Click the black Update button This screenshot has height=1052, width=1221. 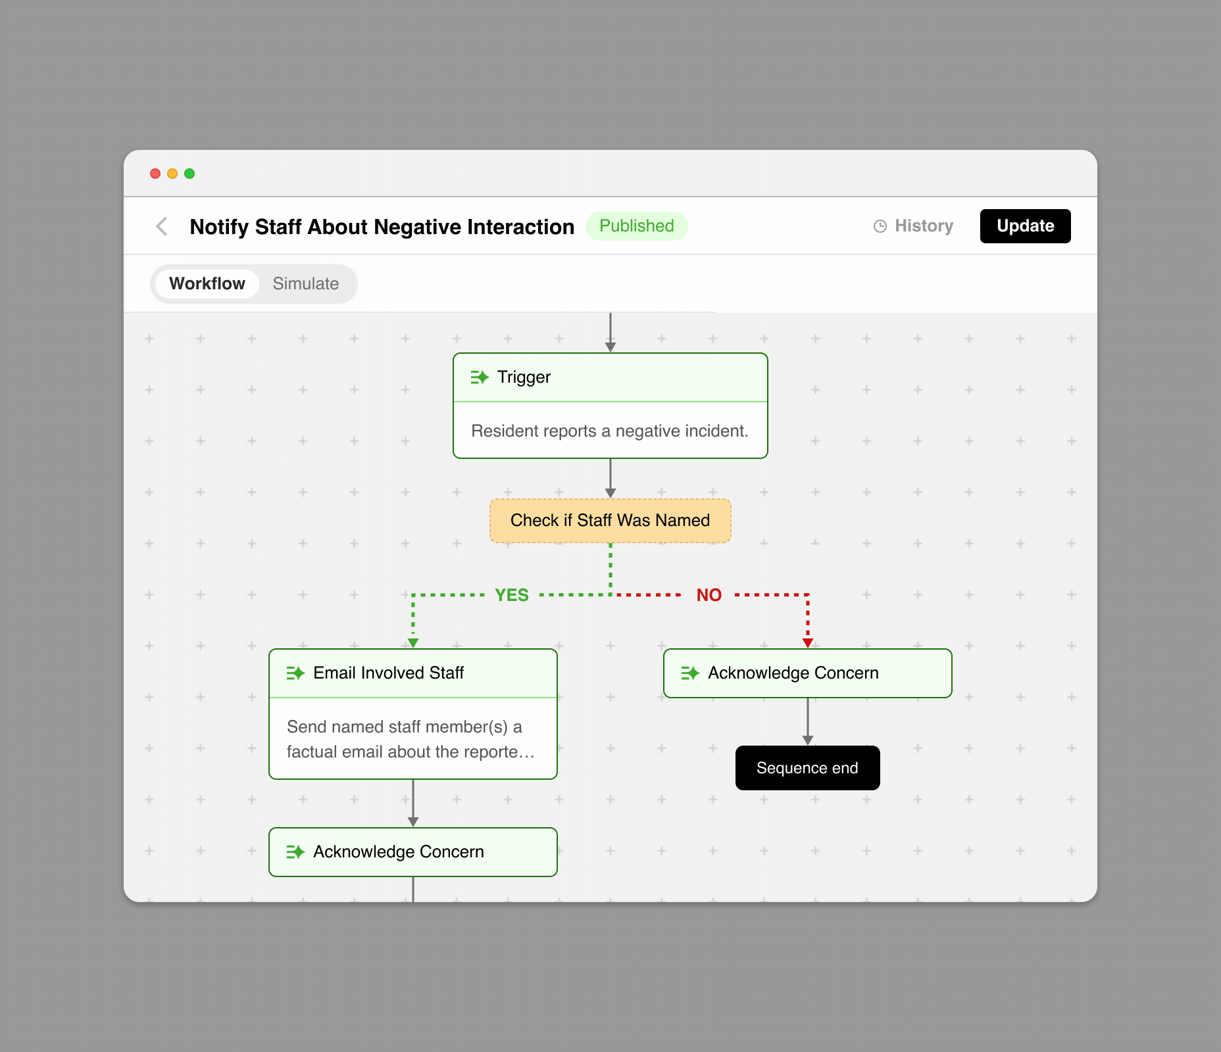pos(1025,226)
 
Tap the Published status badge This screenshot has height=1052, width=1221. pos(637,226)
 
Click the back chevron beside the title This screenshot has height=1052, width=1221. pos(162,226)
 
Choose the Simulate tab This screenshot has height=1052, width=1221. pos(306,284)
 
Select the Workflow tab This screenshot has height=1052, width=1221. pos(207,284)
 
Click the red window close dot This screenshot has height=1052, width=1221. pos(155,174)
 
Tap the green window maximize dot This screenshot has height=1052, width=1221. pos(189,174)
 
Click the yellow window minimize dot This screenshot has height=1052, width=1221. pos(172,174)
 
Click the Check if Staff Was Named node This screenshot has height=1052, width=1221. pos(610,521)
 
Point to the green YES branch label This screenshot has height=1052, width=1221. pos(512,595)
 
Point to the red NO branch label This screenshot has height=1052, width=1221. pos(709,595)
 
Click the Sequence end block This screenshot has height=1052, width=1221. pos(808,768)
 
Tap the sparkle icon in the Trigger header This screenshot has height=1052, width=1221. pos(480,377)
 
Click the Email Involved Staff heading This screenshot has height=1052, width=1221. pos(389,673)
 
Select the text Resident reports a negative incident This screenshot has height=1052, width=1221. pos(610,431)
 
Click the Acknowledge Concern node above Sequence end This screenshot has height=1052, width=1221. pos(808,673)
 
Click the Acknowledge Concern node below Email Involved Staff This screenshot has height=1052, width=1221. pos(413,852)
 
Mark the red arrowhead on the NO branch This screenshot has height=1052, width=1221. pos(808,643)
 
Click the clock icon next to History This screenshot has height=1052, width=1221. pos(880,226)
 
